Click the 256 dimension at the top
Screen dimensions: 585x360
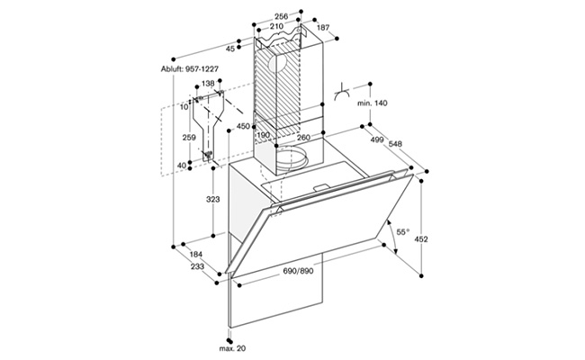[x=281, y=16]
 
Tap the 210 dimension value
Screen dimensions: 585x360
[x=276, y=26]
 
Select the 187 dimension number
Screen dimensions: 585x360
[x=323, y=27]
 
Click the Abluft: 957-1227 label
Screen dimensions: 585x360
[x=190, y=69]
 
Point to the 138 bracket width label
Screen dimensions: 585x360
[x=208, y=83]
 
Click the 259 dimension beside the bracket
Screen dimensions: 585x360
[x=189, y=138]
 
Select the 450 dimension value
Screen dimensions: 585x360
[x=243, y=127]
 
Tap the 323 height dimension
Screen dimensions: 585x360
[x=213, y=200]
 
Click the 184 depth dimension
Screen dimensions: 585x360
[x=196, y=255]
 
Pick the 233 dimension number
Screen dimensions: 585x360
[x=197, y=266]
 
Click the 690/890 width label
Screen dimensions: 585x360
[x=298, y=271]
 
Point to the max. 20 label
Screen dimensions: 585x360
[x=232, y=348]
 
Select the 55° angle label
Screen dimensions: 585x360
[x=402, y=232]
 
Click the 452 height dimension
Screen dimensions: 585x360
[x=421, y=239]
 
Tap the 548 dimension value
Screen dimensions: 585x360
[x=395, y=144]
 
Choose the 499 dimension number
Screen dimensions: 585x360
[x=377, y=139]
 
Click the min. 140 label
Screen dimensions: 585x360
[x=373, y=103]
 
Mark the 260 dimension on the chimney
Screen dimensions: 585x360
[x=303, y=138]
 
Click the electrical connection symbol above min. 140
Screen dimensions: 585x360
[x=341, y=94]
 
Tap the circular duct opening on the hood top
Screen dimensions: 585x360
[x=292, y=158]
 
